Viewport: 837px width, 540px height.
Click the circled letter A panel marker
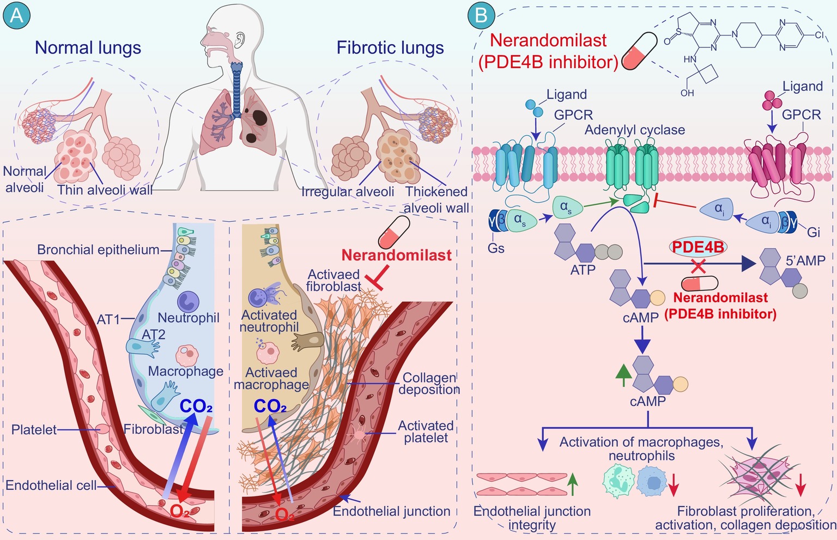[17, 15]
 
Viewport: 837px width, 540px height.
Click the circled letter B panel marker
[481, 15]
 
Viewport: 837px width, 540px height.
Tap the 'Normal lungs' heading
[88, 48]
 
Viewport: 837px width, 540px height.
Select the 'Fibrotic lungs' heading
[390, 48]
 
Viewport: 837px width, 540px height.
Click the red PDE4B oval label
[697, 247]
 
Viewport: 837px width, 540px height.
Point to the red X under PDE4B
[699, 266]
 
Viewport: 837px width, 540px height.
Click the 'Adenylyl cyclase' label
[634, 130]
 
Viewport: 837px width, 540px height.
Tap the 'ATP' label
[583, 270]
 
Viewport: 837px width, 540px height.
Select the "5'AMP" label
[805, 261]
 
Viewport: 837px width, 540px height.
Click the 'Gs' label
[496, 248]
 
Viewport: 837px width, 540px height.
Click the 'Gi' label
[813, 233]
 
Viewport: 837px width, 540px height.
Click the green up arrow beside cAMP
[623, 375]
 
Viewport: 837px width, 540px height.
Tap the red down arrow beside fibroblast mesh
[800, 484]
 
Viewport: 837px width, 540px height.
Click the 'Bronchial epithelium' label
[98, 250]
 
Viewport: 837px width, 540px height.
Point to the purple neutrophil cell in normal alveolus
[188, 301]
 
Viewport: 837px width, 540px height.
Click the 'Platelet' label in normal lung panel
[34, 430]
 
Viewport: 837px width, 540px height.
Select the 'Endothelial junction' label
[391, 511]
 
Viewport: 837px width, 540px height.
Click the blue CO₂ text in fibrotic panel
[270, 406]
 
